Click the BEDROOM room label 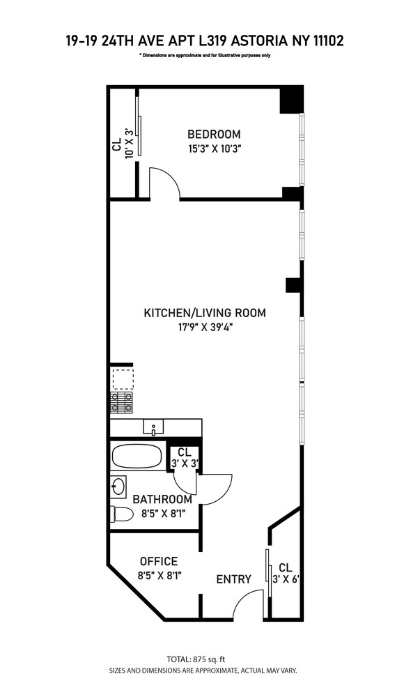(x=214, y=134)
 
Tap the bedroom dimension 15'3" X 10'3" (x=214, y=149)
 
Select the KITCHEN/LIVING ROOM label (x=205, y=312)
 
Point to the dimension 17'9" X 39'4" (x=205, y=328)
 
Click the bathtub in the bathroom (x=137, y=456)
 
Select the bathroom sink (x=118, y=487)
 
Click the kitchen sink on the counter (x=153, y=427)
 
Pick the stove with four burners (x=122, y=402)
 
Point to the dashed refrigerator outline (x=122, y=378)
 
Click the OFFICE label (x=159, y=561)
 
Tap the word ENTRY (x=234, y=579)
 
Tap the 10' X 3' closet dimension (x=129, y=144)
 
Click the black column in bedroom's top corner (x=291, y=100)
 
